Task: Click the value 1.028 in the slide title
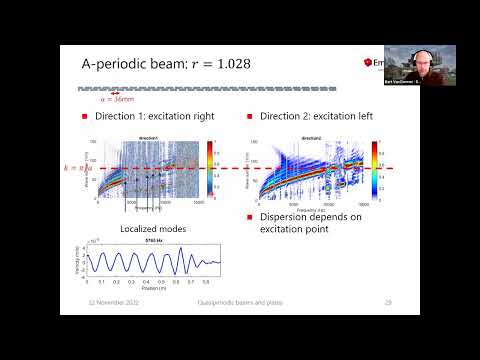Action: point(226,63)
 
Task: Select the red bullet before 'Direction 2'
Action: point(250,118)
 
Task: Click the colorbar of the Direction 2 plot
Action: point(374,163)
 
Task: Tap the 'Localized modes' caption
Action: point(148,229)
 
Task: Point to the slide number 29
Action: point(387,301)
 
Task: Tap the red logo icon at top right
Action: point(371,63)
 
